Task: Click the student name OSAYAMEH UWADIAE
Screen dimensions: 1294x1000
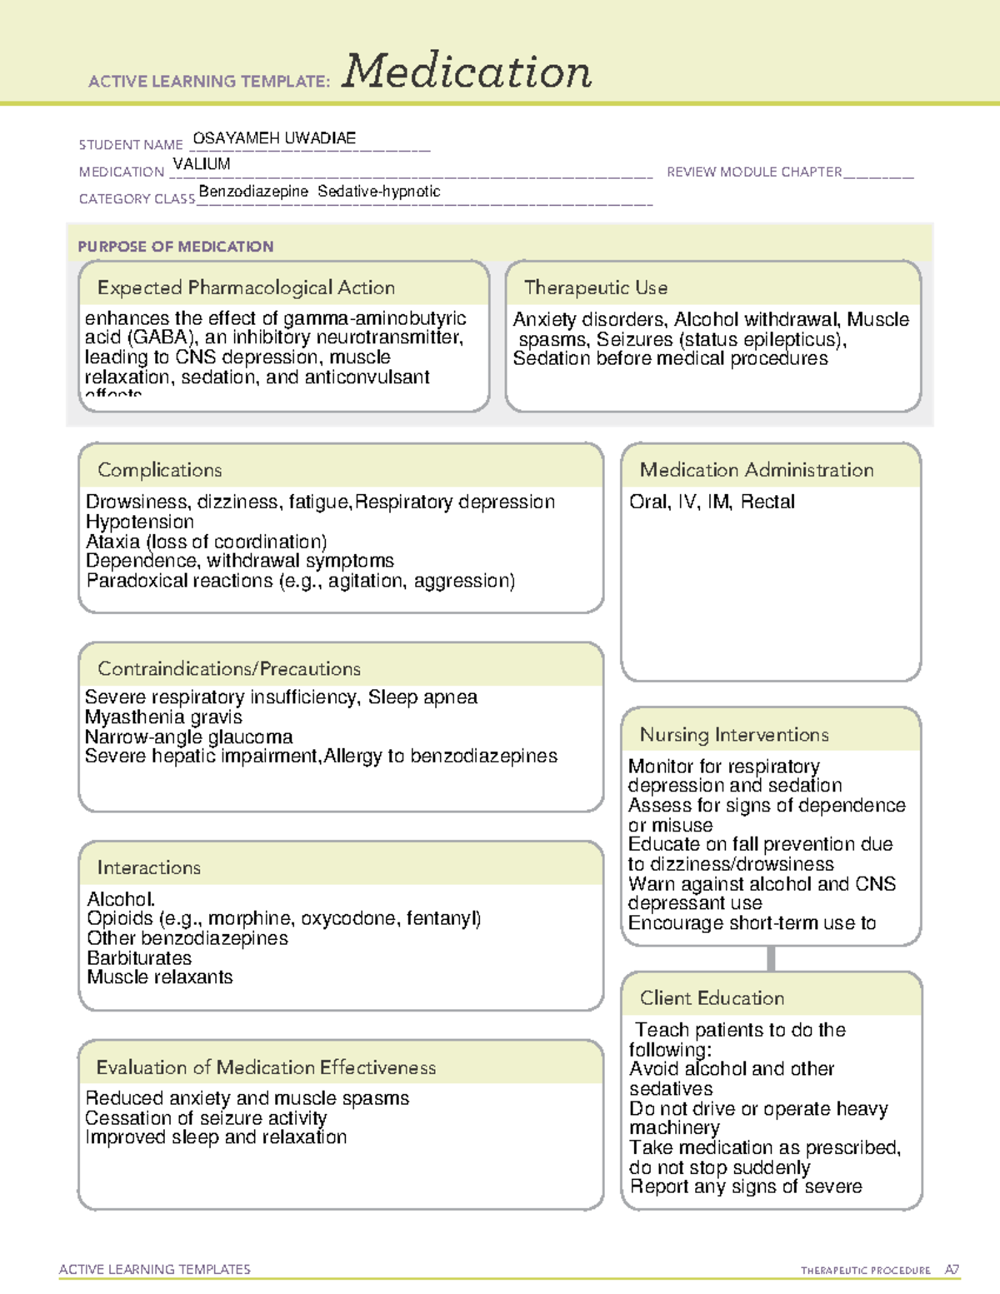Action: [274, 138]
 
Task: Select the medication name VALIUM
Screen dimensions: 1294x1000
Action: [202, 164]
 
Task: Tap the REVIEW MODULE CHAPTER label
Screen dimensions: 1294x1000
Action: [754, 172]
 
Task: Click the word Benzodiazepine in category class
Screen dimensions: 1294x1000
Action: [253, 192]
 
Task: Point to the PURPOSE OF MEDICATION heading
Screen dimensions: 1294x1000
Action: [175, 247]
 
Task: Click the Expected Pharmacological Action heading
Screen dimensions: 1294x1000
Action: [246, 287]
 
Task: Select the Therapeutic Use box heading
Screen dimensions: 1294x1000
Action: [595, 287]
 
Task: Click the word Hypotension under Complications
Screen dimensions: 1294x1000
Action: [139, 522]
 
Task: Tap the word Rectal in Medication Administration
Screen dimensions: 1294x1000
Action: [767, 502]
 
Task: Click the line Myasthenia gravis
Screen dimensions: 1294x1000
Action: [163, 717]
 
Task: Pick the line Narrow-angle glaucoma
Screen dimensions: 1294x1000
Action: [188, 737]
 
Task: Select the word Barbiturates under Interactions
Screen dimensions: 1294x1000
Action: [139, 957]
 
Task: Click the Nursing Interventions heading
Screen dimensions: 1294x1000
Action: [734, 735]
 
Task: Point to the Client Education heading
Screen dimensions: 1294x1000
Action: [712, 998]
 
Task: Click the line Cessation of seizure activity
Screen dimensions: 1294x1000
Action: [206, 1117]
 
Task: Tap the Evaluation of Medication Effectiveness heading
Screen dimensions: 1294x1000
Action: [266, 1067]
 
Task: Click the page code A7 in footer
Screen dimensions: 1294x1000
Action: [952, 1270]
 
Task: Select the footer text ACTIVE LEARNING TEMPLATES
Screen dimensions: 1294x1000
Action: [154, 1269]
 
